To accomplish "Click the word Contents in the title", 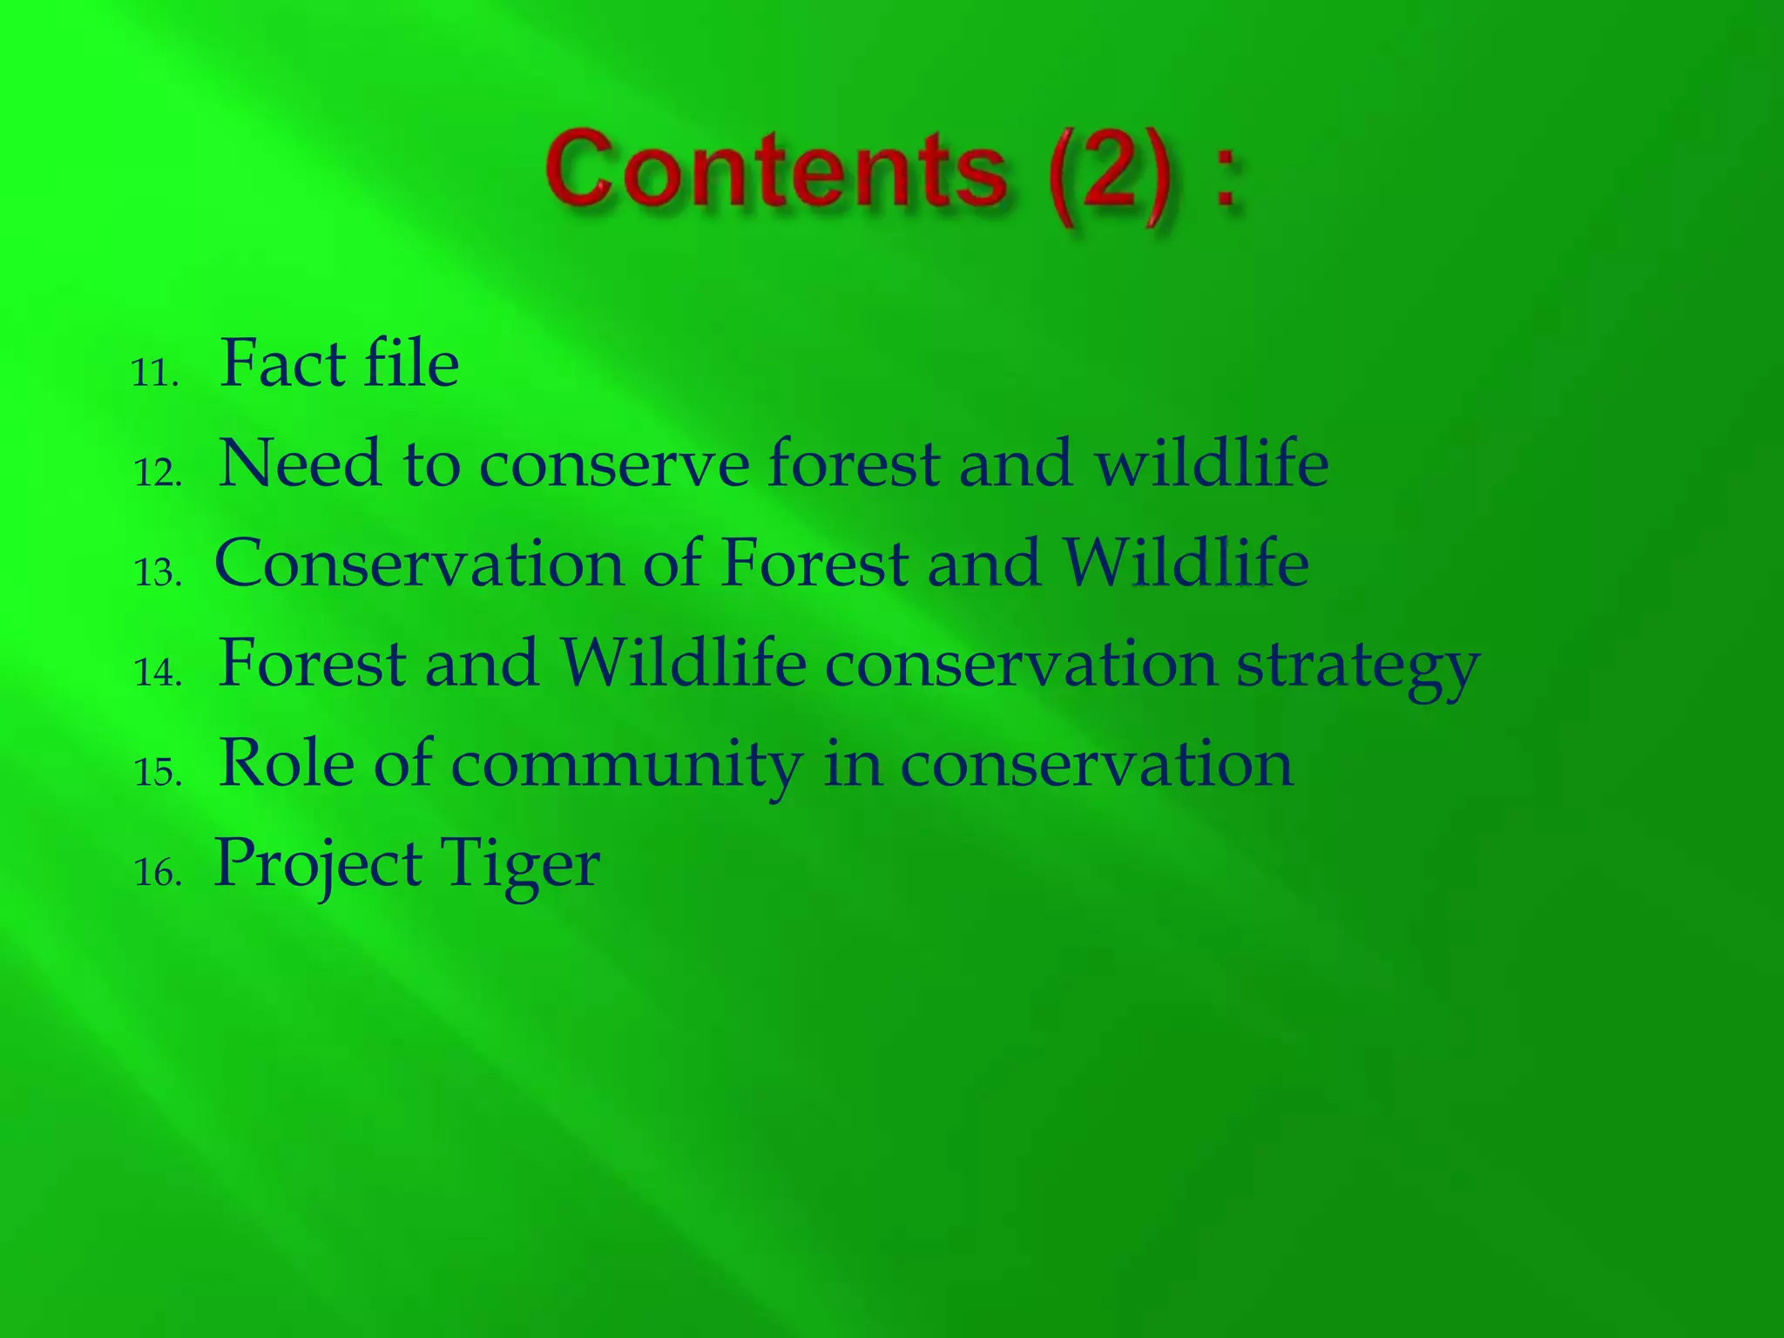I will point(775,170).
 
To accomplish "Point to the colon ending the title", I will point(1226,179).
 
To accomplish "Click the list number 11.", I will point(155,374).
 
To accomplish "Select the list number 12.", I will point(158,473).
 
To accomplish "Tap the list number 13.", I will point(158,573).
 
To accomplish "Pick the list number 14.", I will point(158,672).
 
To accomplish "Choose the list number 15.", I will point(158,773).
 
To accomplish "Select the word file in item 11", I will point(411,363).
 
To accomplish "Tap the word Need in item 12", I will point(299,463).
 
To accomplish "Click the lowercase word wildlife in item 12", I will point(1212,463).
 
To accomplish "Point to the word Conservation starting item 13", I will point(418,564).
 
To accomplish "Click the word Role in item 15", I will point(287,763).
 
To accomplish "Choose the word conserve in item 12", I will point(614,465).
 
